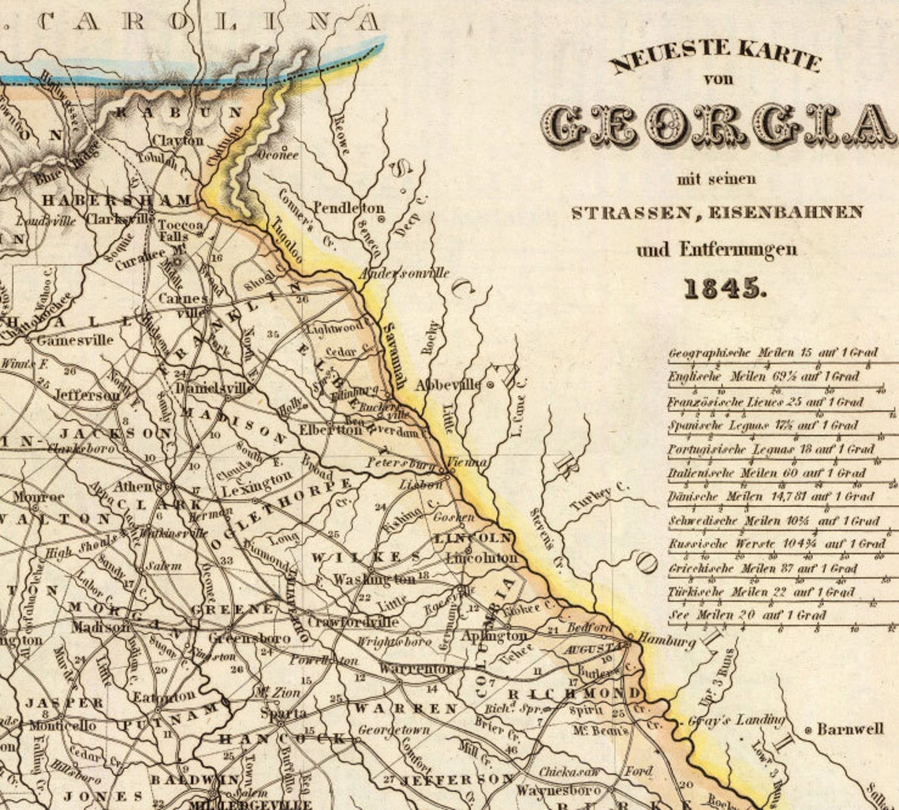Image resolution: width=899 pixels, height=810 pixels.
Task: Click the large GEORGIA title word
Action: pyautogui.click(x=718, y=126)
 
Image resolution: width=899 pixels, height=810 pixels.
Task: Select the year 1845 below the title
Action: pyautogui.click(x=724, y=289)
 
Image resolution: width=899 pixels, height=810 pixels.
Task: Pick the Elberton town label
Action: pyautogui.click(x=330, y=430)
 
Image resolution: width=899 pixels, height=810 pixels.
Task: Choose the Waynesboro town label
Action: pyautogui.click(x=558, y=789)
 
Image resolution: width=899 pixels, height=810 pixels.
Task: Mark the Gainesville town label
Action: pyautogui.click(x=75, y=340)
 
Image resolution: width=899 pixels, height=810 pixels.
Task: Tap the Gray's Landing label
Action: pyautogui.click(x=737, y=720)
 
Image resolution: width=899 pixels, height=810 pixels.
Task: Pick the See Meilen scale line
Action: pyautogui.click(x=747, y=615)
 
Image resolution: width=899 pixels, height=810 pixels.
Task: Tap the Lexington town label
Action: pyautogui.click(x=256, y=483)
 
